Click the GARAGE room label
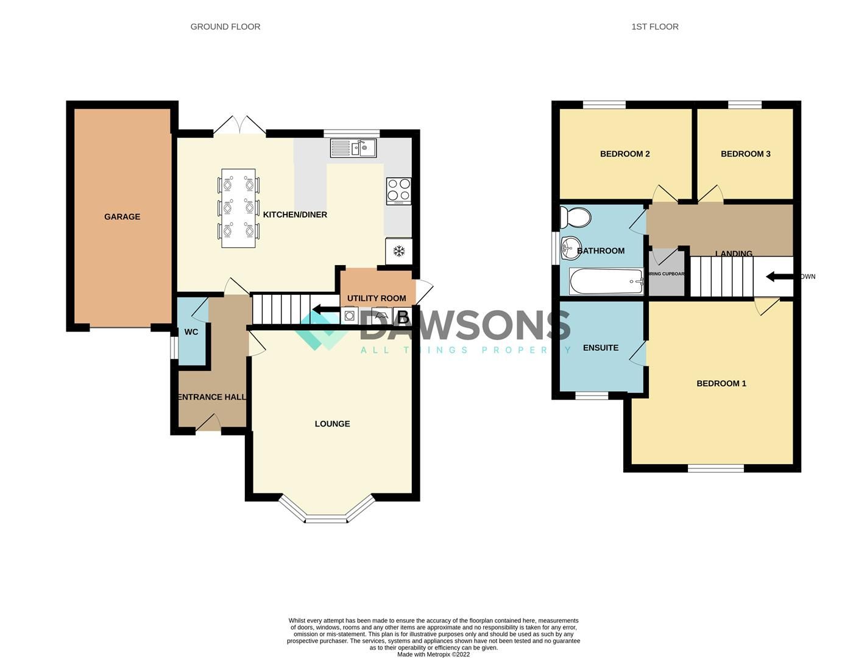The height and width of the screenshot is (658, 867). coord(122,216)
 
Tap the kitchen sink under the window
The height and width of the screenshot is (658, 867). coord(353,148)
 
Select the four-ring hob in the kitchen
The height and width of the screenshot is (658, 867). coord(398,190)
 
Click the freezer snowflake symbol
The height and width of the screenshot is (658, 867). coord(399,251)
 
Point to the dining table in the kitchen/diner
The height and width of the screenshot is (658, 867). coord(238,208)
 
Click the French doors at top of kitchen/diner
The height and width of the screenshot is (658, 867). coord(239,126)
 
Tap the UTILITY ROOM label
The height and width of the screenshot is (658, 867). coord(376,298)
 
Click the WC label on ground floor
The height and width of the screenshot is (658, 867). coord(191,332)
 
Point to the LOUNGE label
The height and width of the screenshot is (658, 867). coord(332,423)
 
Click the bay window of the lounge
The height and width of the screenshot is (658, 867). coord(326,518)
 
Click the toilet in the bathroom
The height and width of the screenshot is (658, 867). coord(576,217)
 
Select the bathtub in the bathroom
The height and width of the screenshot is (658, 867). coord(606,281)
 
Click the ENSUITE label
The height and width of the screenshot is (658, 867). coord(601,347)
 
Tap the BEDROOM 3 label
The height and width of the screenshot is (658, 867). coord(745,154)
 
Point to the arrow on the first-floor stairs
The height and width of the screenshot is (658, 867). coord(779,277)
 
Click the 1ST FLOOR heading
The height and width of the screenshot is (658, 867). coord(654,27)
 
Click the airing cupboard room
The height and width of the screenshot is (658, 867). coord(667,274)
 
